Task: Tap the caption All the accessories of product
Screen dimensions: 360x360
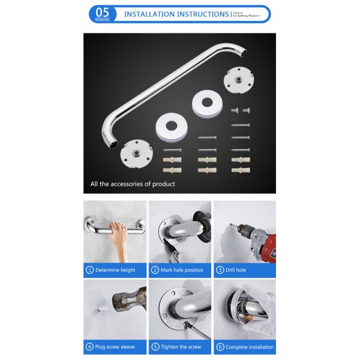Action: [133, 184]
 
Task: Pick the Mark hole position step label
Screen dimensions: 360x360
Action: [181, 270]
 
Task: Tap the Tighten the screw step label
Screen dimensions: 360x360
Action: [182, 347]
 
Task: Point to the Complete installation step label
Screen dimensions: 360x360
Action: [249, 347]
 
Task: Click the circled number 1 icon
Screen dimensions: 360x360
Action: [90, 270]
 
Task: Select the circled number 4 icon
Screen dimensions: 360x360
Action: [90, 347]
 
